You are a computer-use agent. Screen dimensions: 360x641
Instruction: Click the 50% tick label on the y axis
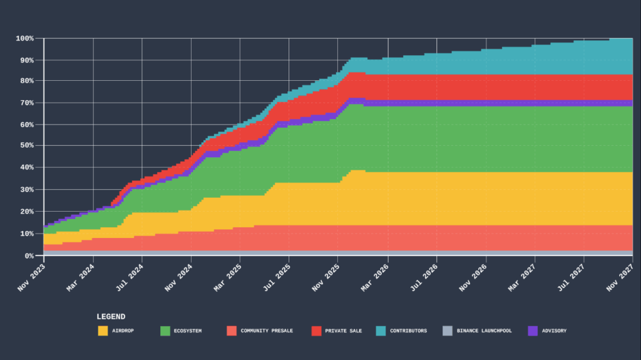pos(25,145)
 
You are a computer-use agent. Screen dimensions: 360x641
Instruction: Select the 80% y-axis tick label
pos(25,81)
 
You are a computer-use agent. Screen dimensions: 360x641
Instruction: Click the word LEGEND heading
pos(111,317)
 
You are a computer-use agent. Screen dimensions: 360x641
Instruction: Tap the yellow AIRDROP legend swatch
pos(103,331)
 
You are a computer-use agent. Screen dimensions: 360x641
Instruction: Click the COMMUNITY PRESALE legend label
pos(267,331)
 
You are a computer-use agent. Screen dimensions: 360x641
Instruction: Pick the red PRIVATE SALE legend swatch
pos(316,331)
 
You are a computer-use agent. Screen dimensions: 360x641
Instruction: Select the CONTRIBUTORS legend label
pos(408,331)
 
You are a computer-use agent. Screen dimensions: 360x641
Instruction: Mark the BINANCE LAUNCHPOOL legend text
pos(484,331)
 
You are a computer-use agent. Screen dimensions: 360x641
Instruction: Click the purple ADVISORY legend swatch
pos(533,331)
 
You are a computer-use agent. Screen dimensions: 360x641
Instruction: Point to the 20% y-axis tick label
pos(25,212)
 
